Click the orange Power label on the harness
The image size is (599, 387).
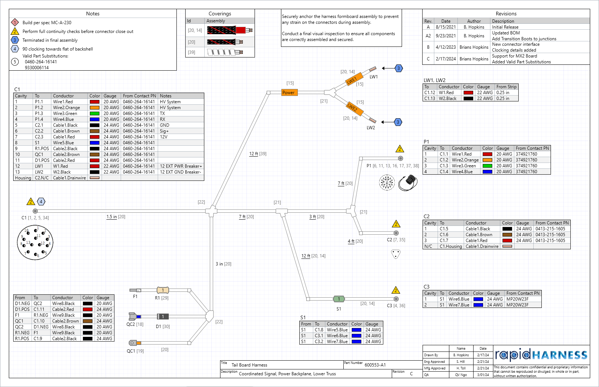click(288, 93)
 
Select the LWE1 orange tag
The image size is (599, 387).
click(353, 79)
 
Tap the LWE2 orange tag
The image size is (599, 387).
click(353, 107)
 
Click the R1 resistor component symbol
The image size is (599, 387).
click(163, 290)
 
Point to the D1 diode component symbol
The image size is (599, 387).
click(163, 316)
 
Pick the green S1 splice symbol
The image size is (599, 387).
click(339, 299)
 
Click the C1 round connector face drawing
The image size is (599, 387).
click(35, 242)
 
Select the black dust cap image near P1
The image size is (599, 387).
click(409, 182)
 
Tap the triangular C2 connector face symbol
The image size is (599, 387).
click(396, 254)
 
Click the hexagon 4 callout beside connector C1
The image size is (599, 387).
click(41, 201)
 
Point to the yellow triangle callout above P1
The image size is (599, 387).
click(400, 149)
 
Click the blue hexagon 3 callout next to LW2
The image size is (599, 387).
click(398, 122)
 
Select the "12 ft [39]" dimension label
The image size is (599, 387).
click(258, 154)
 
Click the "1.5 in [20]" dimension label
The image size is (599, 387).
click(116, 217)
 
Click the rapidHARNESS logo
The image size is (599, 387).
click(541, 355)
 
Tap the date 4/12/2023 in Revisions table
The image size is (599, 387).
click(446, 47)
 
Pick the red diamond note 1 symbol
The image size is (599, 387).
click(15, 23)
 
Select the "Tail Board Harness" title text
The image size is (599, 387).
click(249, 365)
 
